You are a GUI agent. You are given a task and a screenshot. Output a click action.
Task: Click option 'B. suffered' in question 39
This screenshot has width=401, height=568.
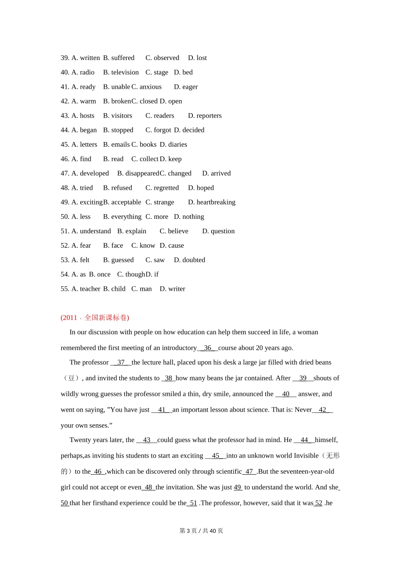pos(119,58)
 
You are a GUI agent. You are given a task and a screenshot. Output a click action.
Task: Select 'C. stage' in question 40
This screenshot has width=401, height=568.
pos(157,72)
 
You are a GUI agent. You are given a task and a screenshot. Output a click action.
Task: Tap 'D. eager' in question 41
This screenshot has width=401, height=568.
pos(186,87)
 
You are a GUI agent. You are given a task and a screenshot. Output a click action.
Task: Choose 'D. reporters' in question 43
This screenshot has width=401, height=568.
pos(205,116)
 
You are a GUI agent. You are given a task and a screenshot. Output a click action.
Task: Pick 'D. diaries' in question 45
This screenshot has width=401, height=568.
pos(173,145)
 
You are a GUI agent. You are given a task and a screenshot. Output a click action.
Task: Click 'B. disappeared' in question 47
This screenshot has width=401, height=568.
pos(138,173)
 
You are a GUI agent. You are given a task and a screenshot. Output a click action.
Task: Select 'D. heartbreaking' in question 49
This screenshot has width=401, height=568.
pos(211,202)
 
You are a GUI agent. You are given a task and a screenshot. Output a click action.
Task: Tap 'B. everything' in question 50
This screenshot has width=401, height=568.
pos(122,217)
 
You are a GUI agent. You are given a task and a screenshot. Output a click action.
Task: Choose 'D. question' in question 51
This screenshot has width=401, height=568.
pos(218,231)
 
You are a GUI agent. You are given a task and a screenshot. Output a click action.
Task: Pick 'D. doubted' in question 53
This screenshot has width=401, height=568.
pos(190,260)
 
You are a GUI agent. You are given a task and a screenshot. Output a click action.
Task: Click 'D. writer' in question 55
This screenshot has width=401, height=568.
pos(172,289)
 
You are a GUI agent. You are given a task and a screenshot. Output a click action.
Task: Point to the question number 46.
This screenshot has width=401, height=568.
pos(65,159)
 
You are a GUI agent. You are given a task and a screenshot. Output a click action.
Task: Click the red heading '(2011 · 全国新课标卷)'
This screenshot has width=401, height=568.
pos(95,318)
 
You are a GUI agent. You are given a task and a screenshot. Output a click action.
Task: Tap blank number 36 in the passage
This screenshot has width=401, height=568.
pos(207,348)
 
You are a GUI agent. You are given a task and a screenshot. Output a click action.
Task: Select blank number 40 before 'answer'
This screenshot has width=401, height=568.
pos(286,394)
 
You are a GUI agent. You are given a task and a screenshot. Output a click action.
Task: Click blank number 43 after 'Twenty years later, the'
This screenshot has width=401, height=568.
pos(146,440)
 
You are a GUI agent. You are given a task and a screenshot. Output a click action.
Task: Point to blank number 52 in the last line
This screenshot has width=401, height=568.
pos(318,503)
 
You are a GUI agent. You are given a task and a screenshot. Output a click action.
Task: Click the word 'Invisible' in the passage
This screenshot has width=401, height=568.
pos(305,456)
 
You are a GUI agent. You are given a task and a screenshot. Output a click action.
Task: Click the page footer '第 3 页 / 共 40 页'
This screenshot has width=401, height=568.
pos(201,531)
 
